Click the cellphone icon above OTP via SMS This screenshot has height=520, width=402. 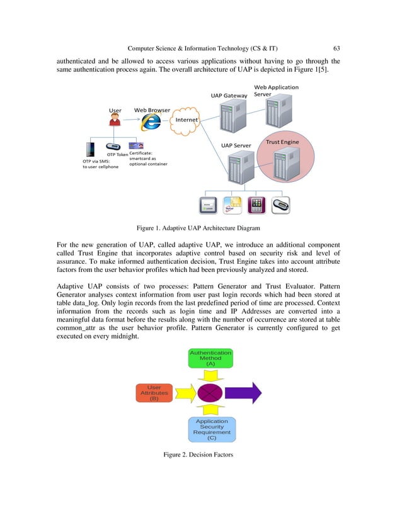pyautogui.click(x=89, y=150)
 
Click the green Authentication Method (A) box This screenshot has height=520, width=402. pyautogui.click(x=210, y=358)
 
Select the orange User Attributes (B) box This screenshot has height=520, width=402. pyautogui.click(x=154, y=393)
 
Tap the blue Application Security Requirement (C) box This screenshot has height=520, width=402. pyautogui.click(x=211, y=430)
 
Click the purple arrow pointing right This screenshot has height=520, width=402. pyautogui.click(x=243, y=393)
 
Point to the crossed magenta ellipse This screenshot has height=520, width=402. pyautogui.click(x=210, y=393)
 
